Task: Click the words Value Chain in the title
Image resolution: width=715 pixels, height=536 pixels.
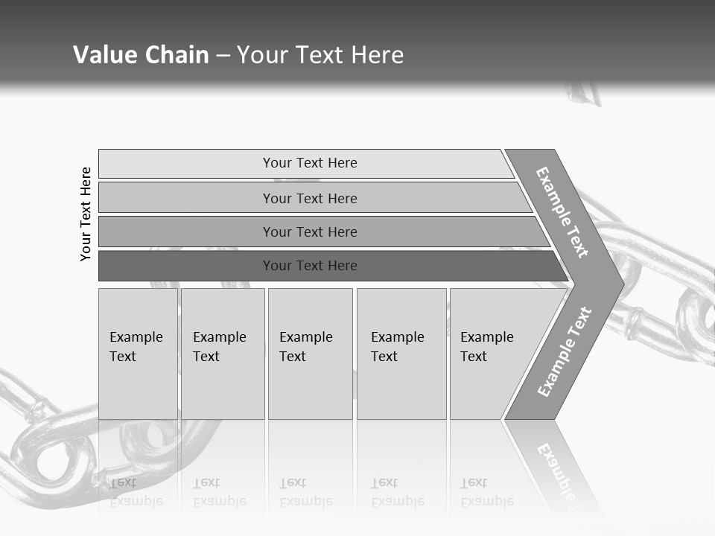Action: (x=141, y=55)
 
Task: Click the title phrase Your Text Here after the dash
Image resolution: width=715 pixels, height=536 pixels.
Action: (x=320, y=55)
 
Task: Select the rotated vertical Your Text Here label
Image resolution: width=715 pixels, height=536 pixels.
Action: (x=86, y=214)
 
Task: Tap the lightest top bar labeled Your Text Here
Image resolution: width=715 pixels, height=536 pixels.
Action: (x=309, y=163)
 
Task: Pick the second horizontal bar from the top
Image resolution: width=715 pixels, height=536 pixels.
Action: (x=309, y=198)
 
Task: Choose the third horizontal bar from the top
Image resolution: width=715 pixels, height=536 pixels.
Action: (x=309, y=232)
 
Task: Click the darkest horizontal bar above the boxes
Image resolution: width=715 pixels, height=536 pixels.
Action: (x=309, y=266)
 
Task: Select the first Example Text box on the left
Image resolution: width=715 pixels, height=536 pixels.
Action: (x=138, y=354)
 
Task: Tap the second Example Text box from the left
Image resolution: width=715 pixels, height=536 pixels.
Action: (x=222, y=354)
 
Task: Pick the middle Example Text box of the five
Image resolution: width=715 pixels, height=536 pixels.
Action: (x=310, y=354)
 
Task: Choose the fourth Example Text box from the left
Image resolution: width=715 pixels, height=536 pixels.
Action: (x=401, y=354)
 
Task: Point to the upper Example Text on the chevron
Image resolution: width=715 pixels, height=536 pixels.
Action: (x=563, y=212)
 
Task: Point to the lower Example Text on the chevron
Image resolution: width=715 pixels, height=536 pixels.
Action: (x=565, y=351)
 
